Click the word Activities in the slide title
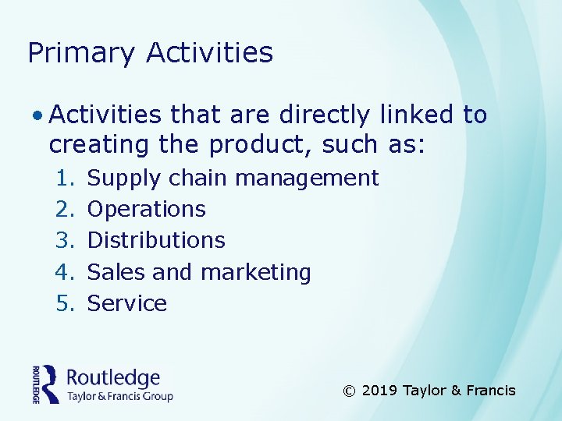pyautogui.click(x=209, y=52)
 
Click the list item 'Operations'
pyautogui.click(x=147, y=210)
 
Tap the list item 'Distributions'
pyautogui.click(x=156, y=241)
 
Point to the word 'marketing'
pyautogui.click(x=256, y=273)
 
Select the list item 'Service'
pyautogui.click(x=127, y=303)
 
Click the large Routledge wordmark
pyautogui.click(x=113, y=378)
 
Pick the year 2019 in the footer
pyautogui.click(x=380, y=391)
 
